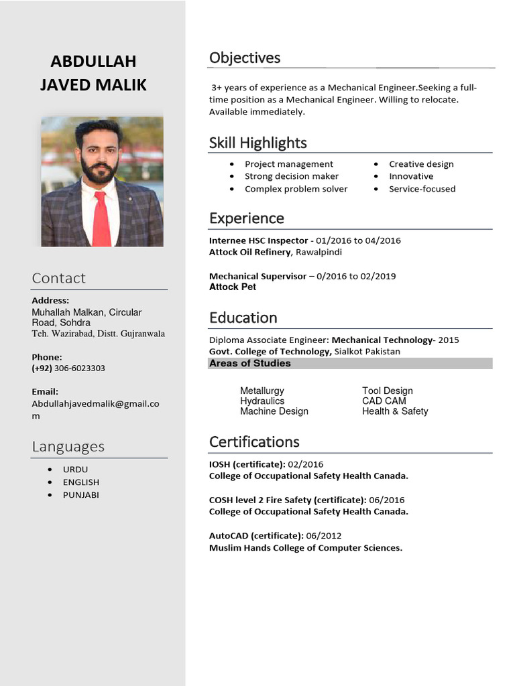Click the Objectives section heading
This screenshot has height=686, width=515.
[x=245, y=58]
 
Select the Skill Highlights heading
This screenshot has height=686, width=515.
[x=257, y=143]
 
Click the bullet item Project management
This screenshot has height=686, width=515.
[x=288, y=164]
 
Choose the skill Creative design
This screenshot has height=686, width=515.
[x=421, y=164]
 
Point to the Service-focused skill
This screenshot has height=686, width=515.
[x=422, y=189]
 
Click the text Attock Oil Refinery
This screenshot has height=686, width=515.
[x=250, y=252]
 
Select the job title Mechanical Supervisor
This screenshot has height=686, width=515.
[x=257, y=276]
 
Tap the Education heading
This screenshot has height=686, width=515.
[x=243, y=318]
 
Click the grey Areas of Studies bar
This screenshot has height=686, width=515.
[x=351, y=363]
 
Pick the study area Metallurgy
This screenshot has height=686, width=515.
[x=262, y=391]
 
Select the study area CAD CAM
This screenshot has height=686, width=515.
[x=384, y=401]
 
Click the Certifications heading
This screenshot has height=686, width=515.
[x=254, y=442]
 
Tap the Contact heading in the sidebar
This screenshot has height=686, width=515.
[x=59, y=278]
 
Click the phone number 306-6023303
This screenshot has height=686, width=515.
[x=79, y=368]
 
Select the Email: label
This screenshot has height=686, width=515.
[x=45, y=391]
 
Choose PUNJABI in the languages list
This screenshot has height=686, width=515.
[x=81, y=495]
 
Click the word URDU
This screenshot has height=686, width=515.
[x=76, y=470]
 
